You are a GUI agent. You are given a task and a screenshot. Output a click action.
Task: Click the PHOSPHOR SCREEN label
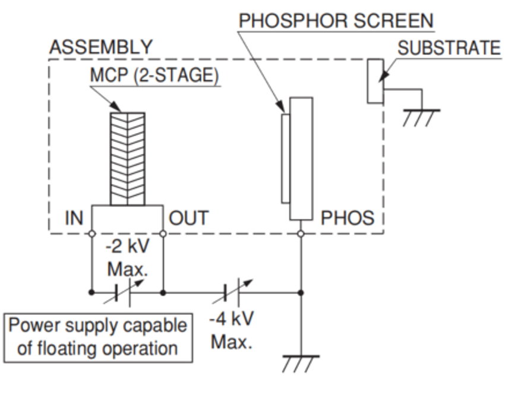click(336, 21)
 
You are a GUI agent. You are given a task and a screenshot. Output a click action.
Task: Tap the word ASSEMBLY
click(100, 47)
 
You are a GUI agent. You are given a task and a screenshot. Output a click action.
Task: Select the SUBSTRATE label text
click(449, 48)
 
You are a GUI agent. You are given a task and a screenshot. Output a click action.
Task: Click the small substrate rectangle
click(374, 81)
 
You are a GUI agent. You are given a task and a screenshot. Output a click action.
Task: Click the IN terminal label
click(74, 218)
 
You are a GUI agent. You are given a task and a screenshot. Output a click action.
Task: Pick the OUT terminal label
click(189, 218)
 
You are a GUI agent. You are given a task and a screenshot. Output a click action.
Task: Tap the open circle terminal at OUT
click(163, 233)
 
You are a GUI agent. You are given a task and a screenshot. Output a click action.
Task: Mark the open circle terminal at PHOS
click(301, 233)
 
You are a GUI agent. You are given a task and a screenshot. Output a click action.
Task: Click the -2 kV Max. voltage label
click(127, 258)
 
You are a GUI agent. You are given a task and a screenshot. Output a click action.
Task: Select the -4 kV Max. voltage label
click(231, 330)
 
